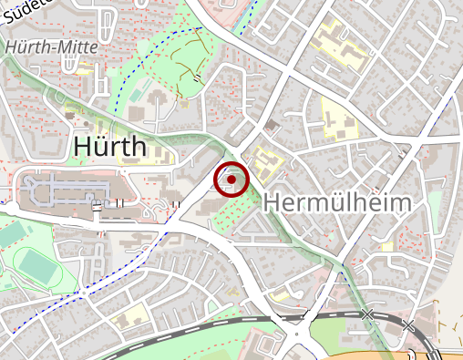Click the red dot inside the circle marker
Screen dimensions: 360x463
231,180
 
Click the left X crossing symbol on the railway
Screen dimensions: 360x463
366,314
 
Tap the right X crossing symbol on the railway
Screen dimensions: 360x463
408,325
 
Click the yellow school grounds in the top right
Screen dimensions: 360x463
337,41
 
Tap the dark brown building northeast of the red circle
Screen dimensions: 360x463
271,125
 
